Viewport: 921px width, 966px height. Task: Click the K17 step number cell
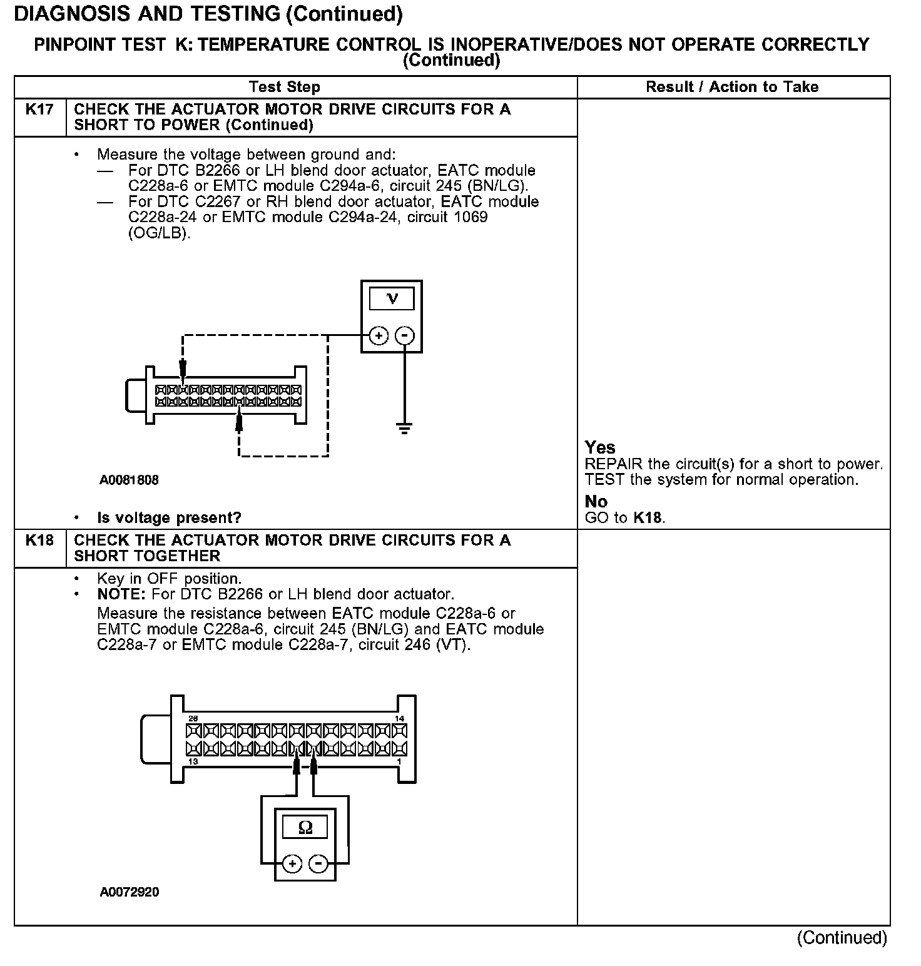(39, 110)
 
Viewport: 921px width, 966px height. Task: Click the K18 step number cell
(39, 541)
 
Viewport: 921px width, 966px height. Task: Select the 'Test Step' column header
(284, 87)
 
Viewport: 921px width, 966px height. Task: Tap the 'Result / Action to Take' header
(732, 87)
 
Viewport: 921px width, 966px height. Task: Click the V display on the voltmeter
(392, 299)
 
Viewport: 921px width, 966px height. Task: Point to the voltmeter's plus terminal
(378, 336)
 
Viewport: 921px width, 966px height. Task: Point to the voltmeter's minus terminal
(405, 336)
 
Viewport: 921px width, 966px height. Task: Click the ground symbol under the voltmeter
(405, 429)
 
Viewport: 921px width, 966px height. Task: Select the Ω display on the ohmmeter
(305, 828)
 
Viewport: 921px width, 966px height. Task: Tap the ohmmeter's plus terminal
(292, 864)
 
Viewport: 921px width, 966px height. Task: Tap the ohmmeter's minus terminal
(319, 864)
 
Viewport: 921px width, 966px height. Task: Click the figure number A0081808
(129, 480)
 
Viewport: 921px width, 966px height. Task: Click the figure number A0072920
(130, 892)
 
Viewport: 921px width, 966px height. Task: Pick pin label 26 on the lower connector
(193, 718)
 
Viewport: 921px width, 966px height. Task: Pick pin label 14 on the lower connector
(400, 718)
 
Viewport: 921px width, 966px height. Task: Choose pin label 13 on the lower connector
(193, 761)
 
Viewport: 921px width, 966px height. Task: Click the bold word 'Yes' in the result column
(600, 447)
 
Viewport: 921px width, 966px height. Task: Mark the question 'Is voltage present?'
(169, 518)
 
